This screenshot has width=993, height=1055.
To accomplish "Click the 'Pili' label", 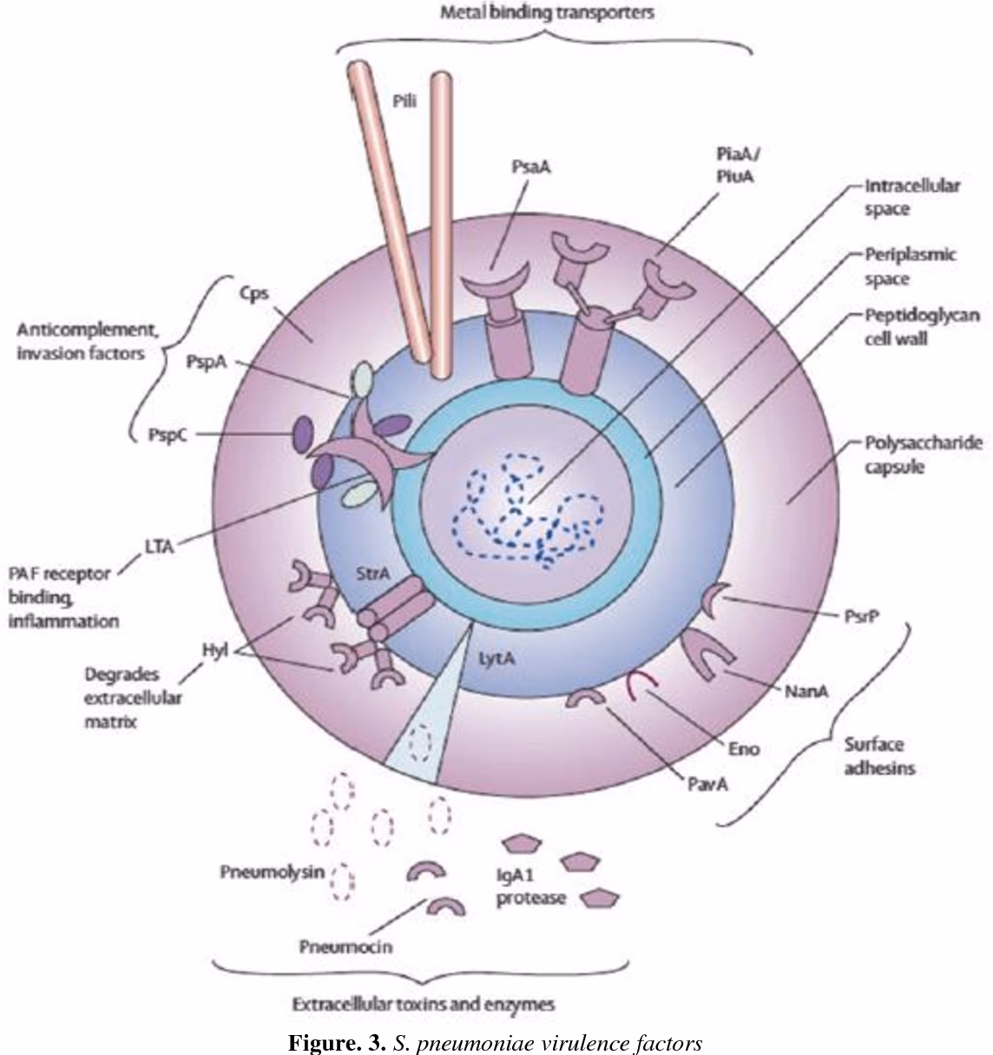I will pyautogui.click(x=404, y=101).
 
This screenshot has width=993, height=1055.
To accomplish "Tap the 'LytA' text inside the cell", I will pyautogui.click(x=497, y=659).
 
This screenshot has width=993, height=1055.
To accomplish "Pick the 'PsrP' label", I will pyautogui.click(x=861, y=616).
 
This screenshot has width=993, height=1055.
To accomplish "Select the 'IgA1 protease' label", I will pyautogui.click(x=530, y=888).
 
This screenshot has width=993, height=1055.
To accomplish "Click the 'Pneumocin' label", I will pyautogui.click(x=345, y=945).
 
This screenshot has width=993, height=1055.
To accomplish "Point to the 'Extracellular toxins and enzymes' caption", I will pyautogui.click(x=423, y=1005).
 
